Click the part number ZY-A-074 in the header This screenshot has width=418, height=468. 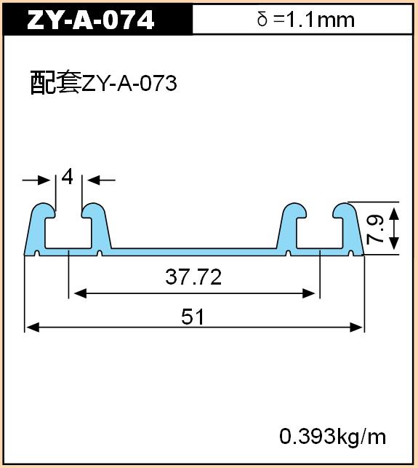90,20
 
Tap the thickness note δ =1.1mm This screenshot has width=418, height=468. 306,20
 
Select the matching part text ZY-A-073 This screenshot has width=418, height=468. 129,83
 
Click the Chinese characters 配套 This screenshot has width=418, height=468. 56,82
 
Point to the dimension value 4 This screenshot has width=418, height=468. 68,177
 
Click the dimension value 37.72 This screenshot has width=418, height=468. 193,277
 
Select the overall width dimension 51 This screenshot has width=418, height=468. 193,317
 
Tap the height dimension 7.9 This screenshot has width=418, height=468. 375,229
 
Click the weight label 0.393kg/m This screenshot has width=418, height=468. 333,437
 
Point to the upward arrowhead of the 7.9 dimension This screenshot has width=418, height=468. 394,214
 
